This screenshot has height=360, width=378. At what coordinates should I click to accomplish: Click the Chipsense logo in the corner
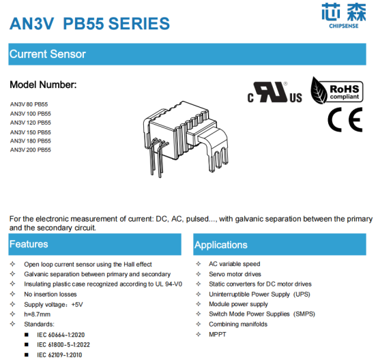coord(343,16)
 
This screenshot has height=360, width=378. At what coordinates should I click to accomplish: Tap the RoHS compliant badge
coord(337,91)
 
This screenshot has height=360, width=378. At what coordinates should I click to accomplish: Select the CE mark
coord(345,120)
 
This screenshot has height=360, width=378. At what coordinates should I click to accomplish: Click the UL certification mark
coord(274,92)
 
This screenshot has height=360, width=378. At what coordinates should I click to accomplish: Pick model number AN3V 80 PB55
coord(29,104)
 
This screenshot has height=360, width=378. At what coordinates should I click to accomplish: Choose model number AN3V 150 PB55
coord(31,132)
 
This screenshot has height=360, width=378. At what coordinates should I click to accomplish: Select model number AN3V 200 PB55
coord(31,150)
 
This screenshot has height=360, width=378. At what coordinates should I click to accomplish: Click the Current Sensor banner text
coord(48,54)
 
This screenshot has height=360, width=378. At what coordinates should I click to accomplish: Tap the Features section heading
coord(29,244)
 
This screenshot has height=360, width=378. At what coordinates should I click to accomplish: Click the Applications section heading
coord(221,245)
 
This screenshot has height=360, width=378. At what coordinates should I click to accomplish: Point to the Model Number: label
coord(43,85)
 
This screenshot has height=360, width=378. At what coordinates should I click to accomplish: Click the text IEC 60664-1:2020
coord(61,335)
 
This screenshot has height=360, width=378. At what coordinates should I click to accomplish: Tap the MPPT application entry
coord(218,335)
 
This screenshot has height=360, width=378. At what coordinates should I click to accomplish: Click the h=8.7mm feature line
coord(37,314)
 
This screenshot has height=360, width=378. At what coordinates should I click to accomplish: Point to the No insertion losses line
coord(50,295)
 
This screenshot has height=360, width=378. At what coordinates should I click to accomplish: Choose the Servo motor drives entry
coord(235,274)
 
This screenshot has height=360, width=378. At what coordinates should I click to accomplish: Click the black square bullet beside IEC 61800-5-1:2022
coord(27,345)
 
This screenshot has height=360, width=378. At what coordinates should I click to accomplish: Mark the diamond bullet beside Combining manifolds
coord(199,324)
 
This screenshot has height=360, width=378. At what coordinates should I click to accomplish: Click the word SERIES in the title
coord(139,24)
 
